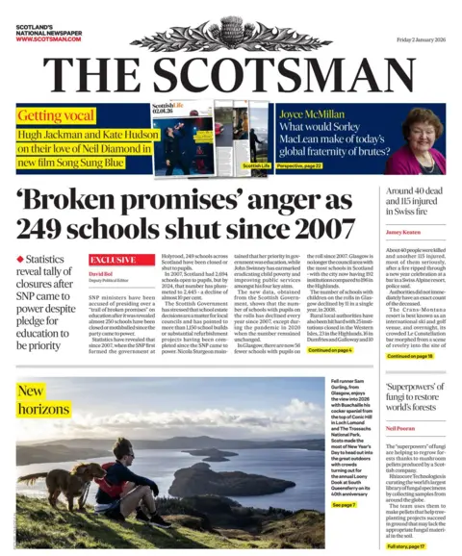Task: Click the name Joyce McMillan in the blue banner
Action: tap(311, 113)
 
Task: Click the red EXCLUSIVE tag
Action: tap(113, 260)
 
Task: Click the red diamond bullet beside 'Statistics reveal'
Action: tap(20, 260)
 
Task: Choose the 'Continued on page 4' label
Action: tap(330, 351)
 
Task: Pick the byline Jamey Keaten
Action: tap(402, 233)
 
